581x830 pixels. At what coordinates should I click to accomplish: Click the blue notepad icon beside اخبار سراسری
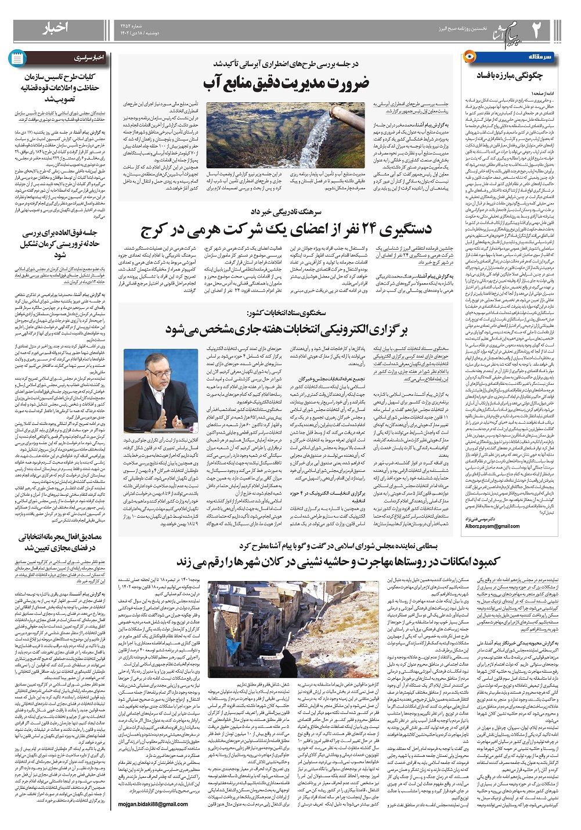click(17, 58)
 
